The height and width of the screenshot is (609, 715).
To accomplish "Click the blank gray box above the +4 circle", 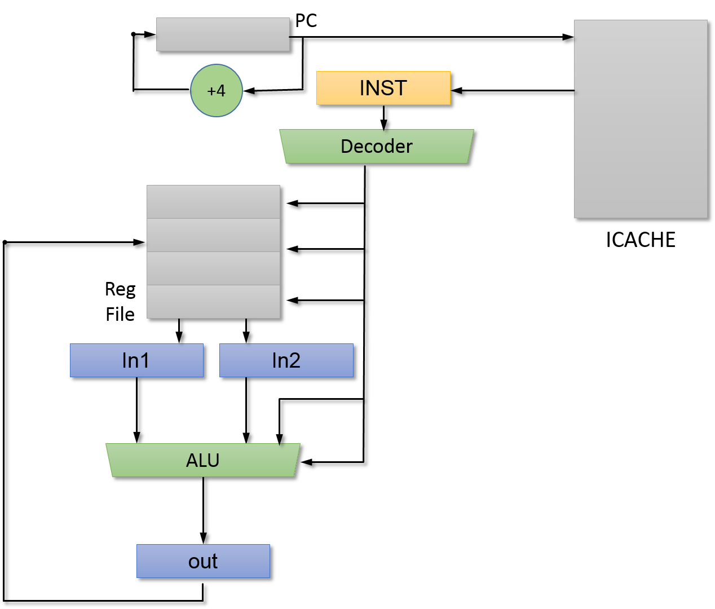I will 223,34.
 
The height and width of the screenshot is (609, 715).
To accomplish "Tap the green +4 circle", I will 217,91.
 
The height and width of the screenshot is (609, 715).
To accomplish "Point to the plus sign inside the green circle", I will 211,91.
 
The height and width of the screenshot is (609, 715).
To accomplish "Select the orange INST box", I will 383,88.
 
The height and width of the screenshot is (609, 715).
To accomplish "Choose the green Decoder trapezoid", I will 377,147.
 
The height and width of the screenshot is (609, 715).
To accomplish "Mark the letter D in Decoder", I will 347,147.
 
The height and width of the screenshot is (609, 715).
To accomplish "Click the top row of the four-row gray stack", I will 213,202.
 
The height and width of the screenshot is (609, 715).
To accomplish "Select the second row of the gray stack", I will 213,235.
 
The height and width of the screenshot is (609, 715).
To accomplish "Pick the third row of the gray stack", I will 213,268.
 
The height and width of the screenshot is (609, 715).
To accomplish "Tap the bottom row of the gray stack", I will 213,302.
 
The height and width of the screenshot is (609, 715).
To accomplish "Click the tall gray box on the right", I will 641,119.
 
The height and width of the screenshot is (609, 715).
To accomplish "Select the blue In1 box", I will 136,360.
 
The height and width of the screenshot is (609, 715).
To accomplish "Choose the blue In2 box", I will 286,360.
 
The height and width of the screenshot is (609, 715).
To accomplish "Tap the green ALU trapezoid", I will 203,460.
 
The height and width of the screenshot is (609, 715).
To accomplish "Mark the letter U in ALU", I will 213,461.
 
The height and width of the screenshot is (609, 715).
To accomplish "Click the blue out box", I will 203,561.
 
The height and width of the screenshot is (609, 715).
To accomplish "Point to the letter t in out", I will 214,561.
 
